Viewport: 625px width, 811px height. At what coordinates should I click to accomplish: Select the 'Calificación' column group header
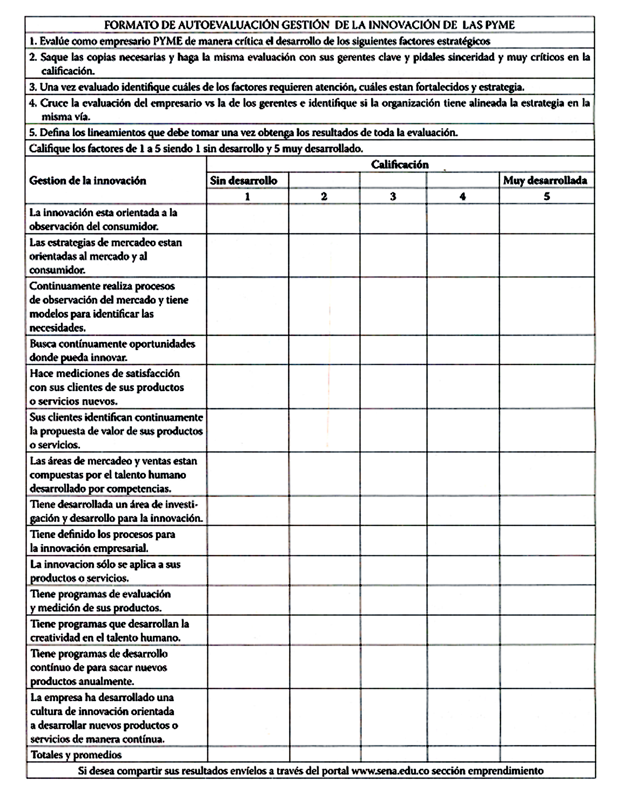(400, 164)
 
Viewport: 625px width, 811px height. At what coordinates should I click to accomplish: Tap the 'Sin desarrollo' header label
(244, 181)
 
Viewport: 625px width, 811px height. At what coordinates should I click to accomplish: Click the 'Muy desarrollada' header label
(545, 181)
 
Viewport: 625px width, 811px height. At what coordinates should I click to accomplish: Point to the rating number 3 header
(393, 196)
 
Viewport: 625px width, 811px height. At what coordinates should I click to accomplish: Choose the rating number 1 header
(247, 196)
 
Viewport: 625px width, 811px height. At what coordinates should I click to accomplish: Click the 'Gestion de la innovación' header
(88, 181)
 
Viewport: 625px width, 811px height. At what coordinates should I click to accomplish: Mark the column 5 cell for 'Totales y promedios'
(547, 754)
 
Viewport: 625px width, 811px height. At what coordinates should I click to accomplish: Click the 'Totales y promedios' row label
(76, 754)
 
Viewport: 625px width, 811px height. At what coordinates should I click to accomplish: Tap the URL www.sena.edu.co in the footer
(390, 771)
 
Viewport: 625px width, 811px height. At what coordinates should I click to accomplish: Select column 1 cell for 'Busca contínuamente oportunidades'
(247, 350)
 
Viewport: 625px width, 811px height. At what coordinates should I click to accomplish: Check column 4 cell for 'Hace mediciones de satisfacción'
(463, 387)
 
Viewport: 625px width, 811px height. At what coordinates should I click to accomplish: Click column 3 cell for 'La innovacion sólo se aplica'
(393, 571)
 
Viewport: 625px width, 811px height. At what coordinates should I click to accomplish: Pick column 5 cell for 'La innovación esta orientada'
(547, 219)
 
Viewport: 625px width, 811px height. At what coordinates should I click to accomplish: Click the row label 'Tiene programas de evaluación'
(100, 601)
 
